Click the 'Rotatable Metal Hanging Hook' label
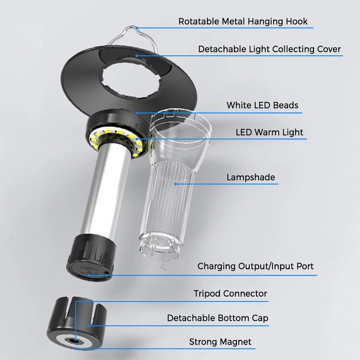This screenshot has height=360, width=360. coord(243,22)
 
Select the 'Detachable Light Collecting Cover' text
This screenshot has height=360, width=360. coord(269,49)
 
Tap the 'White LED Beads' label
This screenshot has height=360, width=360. coord(262,105)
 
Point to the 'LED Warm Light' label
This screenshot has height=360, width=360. coord(269,132)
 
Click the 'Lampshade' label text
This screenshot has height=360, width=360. coord(251,177)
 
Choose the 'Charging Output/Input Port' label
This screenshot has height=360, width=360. coord(256,266)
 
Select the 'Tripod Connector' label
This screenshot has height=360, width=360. coord(230,294)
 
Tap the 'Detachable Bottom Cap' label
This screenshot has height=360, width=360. coord(218,318)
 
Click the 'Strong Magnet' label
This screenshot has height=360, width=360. coord(220,342)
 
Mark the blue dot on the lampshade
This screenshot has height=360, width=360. coord(176,184)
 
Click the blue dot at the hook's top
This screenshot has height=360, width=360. coord(137,28)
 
